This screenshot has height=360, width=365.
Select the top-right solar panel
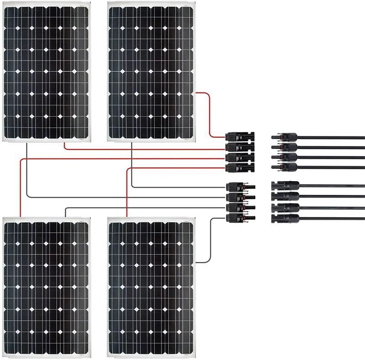151,71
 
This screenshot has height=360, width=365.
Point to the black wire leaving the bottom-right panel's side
210,242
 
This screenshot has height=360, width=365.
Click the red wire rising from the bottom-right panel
125,192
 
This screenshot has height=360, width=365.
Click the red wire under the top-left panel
137,149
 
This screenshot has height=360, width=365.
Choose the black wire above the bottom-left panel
137,208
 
